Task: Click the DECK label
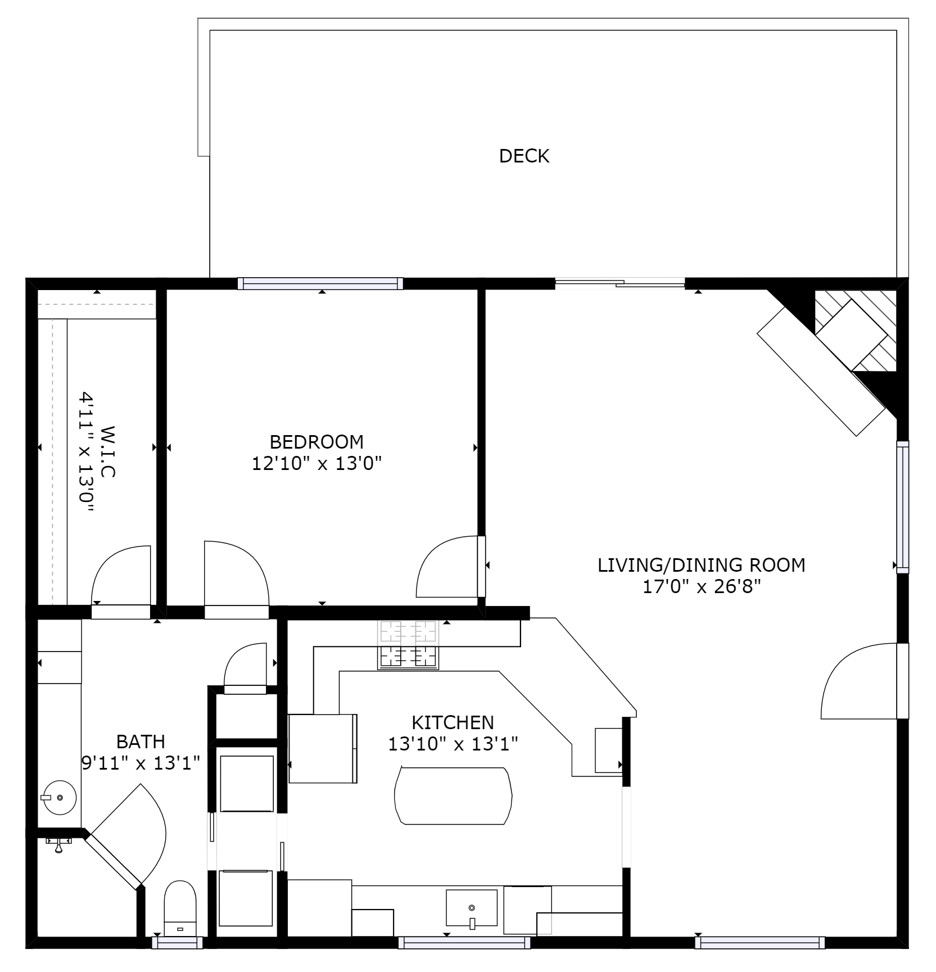click(524, 156)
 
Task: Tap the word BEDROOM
click(316, 441)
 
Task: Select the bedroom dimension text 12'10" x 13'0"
click(316, 464)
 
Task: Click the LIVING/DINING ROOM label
click(701, 564)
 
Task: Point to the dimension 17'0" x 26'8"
click(702, 587)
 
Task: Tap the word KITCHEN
click(453, 722)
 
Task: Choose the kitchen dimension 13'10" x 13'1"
click(453, 744)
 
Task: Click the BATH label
click(141, 742)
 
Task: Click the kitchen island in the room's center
click(453, 795)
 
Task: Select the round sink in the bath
click(59, 797)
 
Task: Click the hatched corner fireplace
click(856, 331)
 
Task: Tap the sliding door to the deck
click(620, 283)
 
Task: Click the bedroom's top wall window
click(320, 283)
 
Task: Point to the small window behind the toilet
click(177, 943)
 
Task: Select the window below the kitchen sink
click(464, 943)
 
